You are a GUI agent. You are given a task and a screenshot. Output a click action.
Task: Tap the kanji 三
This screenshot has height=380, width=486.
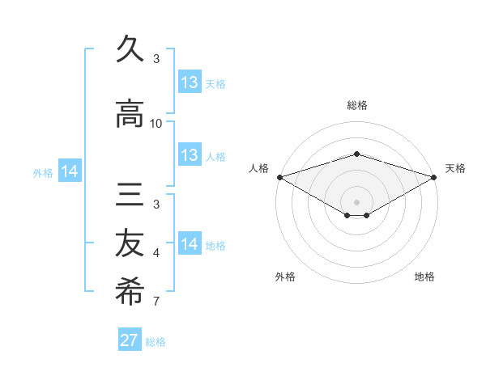point(130,198)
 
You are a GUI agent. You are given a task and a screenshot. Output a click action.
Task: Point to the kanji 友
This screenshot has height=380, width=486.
point(130,244)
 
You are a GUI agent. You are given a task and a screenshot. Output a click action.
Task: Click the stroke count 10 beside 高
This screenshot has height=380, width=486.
point(156,123)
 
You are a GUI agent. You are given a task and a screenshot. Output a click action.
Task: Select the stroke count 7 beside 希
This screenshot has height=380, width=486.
point(156,302)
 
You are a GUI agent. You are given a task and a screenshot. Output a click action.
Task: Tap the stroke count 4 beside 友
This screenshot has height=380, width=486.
point(156,254)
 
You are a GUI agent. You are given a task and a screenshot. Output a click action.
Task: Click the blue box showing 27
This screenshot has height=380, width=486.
point(130,340)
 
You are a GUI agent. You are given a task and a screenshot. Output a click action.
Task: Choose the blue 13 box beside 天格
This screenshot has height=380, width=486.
point(190,82)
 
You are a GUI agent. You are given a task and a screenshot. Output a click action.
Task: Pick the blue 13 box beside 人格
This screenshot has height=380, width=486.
point(190,155)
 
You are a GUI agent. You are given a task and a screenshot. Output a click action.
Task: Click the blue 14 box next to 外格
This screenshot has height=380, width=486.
point(70,171)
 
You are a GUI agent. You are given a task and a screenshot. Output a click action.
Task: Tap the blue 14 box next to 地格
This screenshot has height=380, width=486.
point(190,244)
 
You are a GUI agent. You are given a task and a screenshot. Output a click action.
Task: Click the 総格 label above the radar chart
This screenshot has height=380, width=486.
point(356,105)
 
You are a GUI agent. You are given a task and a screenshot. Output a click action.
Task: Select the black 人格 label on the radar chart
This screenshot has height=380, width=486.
point(259,168)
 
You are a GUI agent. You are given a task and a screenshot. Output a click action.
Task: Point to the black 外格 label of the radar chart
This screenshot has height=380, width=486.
point(285,277)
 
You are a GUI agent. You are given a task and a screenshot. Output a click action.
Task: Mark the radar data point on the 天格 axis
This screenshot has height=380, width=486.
point(434,177)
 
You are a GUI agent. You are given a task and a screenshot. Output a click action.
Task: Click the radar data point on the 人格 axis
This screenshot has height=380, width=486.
point(279,177)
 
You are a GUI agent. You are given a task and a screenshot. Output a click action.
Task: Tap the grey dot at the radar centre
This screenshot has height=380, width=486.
point(356,201)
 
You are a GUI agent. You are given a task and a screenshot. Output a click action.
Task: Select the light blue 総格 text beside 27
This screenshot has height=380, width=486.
point(156,342)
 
